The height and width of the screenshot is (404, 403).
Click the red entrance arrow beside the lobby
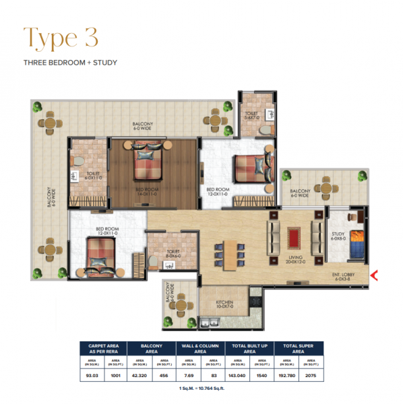(375, 274)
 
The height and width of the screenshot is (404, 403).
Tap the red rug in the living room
(293, 237)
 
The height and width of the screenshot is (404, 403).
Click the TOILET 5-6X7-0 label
(251, 116)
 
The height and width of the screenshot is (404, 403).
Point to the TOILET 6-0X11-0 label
(93, 175)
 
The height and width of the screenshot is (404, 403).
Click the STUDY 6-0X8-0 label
(337, 236)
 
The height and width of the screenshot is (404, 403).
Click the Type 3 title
(61, 37)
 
